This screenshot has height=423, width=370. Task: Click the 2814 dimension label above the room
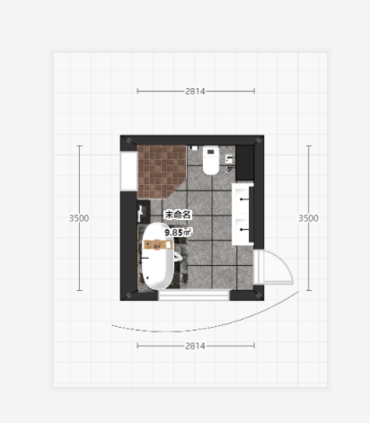pyautogui.click(x=195, y=91)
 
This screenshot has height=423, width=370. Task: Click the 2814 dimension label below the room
pyautogui.click(x=195, y=346)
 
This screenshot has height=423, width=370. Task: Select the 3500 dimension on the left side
pyautogui.click(x=79, y=218)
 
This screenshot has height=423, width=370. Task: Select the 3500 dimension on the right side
pyautogui.click(x=308, y=218)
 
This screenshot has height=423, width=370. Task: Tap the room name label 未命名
pyautogui.click(x=178, y=215)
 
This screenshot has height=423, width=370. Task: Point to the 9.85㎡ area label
pyautogui.click(x=178, y=232)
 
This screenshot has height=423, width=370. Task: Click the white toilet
pyautogui.click(x=211, y=160)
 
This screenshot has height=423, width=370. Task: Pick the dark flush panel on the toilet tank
pyautogui.click(x=211, y=152)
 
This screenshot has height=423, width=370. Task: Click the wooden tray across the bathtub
pyautogui.click(x=157, y=244)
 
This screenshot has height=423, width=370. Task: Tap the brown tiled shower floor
pyautogui.click(x=159, y=169)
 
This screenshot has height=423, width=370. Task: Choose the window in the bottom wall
pyautogui.click(x=194, y=295)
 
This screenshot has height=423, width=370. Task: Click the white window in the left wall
pyautogui.click(x=128, y=171)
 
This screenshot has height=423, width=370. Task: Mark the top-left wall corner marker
pyautogui.click(x=128, y=140)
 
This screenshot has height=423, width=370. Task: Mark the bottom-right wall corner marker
pyautogui.click(x=259, y=295)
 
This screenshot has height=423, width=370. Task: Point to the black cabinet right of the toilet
pyautogui.click(x=244, y=163)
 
